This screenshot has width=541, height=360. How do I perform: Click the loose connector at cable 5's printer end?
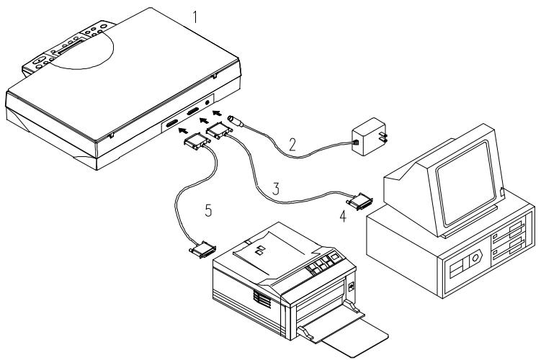click(202, 249)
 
